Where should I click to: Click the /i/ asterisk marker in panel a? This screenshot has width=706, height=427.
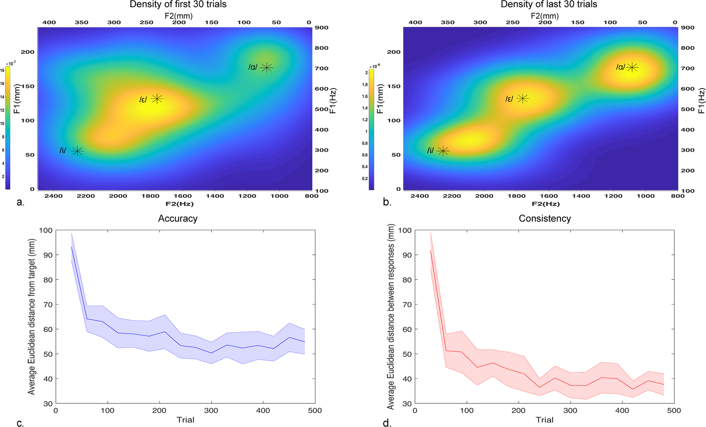(77, 151)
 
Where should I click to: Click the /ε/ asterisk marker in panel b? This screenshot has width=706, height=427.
(522, 99)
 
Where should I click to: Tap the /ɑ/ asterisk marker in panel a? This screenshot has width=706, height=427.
(267, 68)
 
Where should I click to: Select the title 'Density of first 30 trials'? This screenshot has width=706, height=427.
(178, 5)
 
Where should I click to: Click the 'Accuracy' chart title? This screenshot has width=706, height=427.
(178, 218)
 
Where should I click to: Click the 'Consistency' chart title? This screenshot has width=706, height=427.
(544, 218)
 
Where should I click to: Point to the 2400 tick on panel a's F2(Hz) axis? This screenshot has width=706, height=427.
(53, 196)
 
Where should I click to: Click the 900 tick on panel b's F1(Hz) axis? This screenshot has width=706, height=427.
(687, 27)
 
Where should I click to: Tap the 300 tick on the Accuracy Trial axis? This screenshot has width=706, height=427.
(211, 410)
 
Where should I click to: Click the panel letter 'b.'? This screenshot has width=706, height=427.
(387, 202)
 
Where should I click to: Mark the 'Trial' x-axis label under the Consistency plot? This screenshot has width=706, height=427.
(544, 420)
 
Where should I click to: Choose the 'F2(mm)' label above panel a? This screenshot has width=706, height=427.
(179, 16)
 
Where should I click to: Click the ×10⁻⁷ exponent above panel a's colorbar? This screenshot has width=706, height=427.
(10, 64)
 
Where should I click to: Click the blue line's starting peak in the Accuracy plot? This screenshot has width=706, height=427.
(72, 247)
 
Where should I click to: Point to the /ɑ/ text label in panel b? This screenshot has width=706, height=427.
(620, 67)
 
